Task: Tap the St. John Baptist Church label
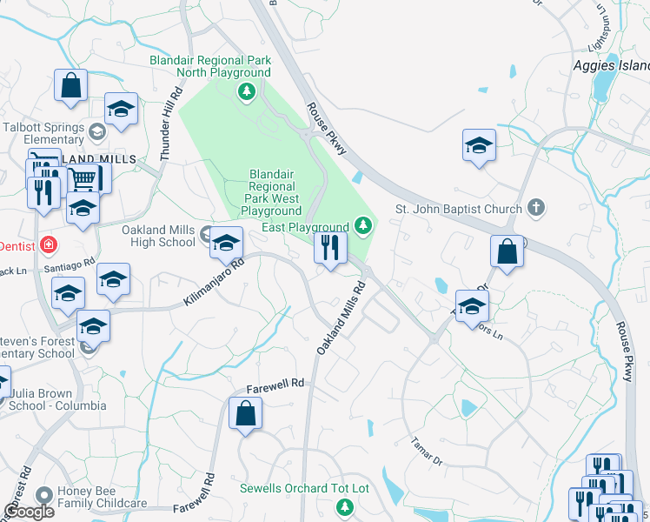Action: point(459,209)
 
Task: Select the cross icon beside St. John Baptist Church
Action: point(537,208)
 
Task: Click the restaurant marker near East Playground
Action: point(329,249)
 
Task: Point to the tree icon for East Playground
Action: point(364,227)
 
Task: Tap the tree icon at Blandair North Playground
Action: point(247,91)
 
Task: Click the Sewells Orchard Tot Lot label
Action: point(304,488)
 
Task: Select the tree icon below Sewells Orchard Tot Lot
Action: point(346,506)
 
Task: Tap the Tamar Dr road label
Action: point(428,452)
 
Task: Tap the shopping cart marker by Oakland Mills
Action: point(83,179)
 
